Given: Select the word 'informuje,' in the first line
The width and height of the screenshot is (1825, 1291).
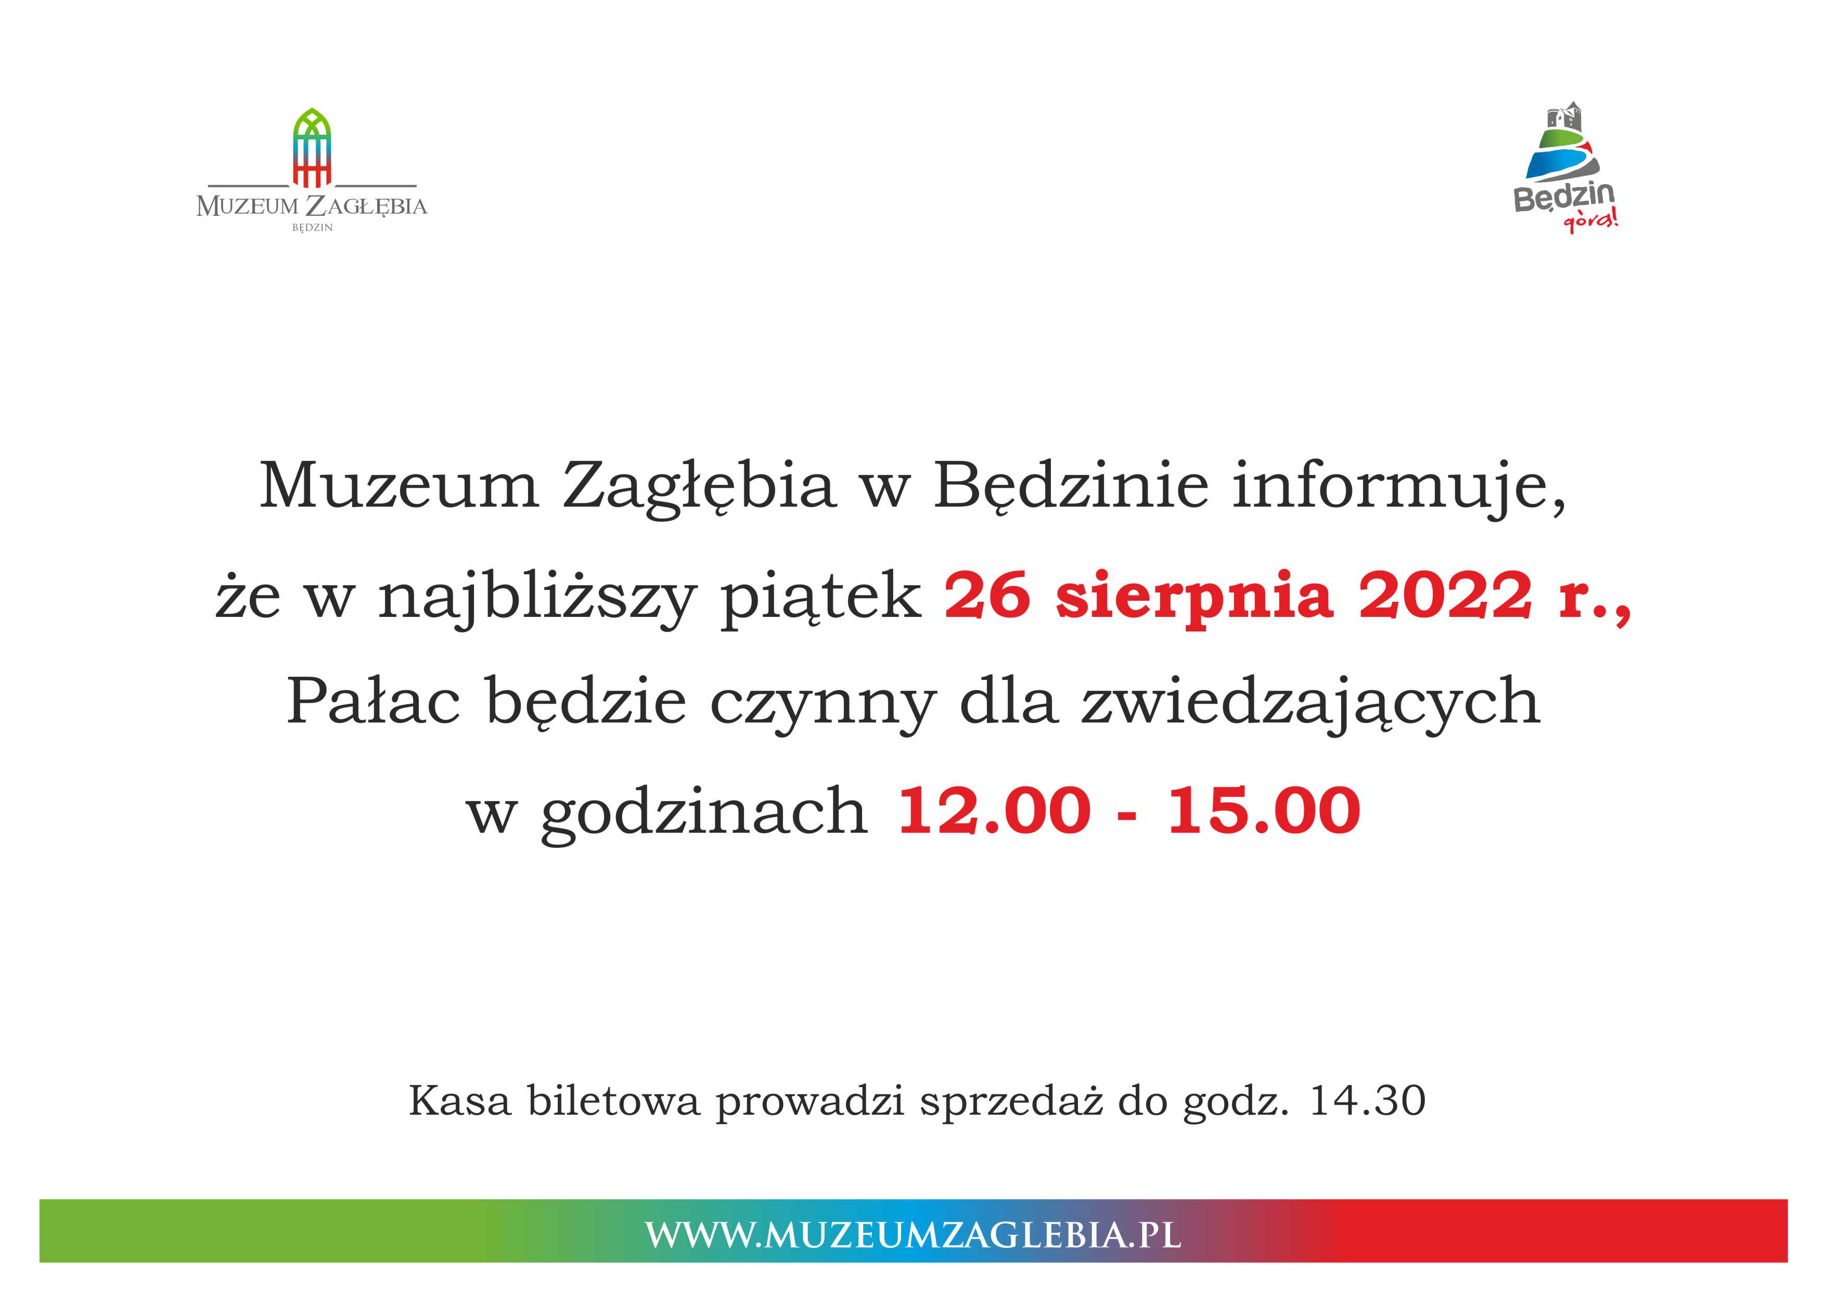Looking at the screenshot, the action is point(1399,486).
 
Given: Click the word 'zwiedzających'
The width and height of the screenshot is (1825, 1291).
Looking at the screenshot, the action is point(1310,706).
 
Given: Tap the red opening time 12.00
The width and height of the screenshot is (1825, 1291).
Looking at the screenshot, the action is point(994,811).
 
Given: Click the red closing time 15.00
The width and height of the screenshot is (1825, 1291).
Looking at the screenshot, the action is point(1264,811).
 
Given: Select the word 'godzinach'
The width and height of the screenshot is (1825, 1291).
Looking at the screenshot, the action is point(704,813).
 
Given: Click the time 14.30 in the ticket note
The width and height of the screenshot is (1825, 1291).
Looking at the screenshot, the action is point(1367,1101).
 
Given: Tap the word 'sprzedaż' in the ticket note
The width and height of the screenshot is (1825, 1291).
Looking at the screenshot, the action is point(1012,1103).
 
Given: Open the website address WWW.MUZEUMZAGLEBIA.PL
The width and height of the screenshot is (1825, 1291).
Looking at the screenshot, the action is point(912,1235).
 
